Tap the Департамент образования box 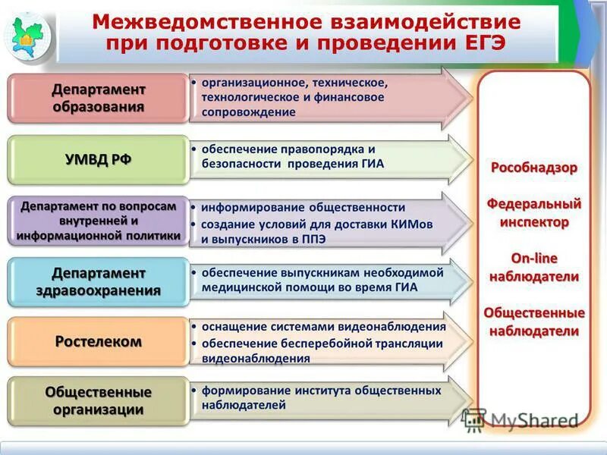[98, 98]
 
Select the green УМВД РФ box [98, 159]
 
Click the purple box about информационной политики [98, 221]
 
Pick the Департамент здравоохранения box [98, 281]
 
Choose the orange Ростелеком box [98, 341]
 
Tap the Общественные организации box [98, 401]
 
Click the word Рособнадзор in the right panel [534, 168]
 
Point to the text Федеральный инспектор [534, 213]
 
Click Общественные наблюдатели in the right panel [534, 322]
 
